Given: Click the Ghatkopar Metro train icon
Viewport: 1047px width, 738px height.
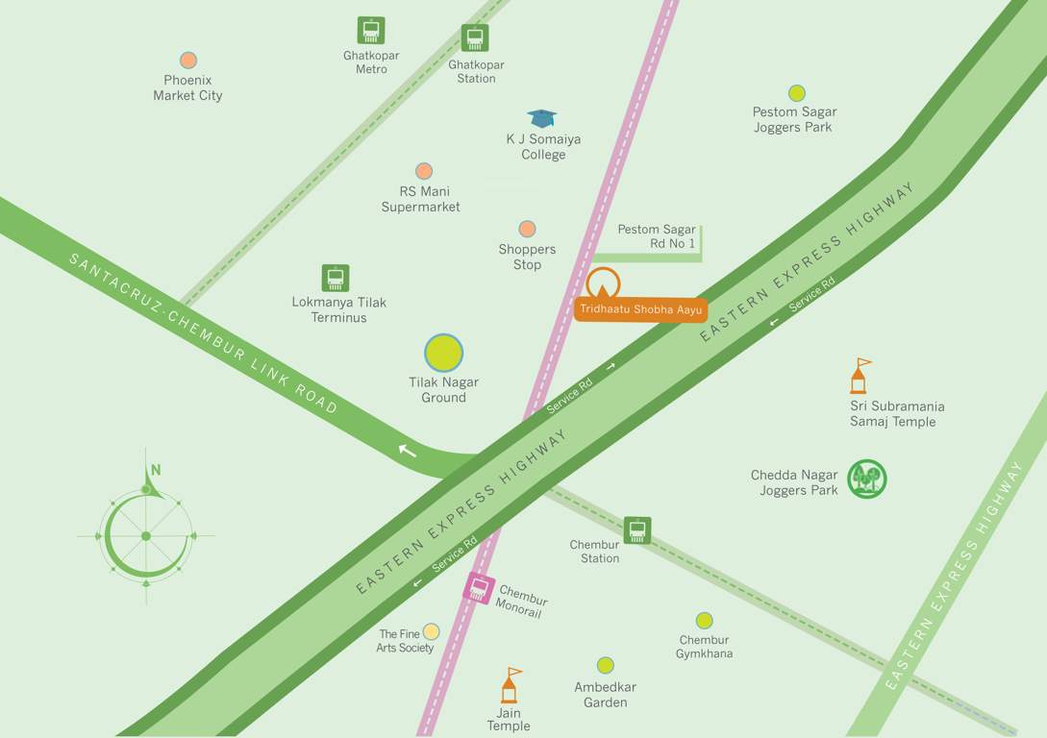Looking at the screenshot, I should [371, 30].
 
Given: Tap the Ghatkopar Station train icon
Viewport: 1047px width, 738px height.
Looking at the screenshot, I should [475, 38].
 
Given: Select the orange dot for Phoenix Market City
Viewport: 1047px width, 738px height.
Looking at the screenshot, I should [188, 61].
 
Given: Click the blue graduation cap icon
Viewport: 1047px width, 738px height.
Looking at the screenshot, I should [542, 118].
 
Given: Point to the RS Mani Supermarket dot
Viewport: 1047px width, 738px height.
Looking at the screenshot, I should [423, 171].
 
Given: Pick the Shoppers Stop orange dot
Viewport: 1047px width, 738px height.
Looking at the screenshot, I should [527, 229].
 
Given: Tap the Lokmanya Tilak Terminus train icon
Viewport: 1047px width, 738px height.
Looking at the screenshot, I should [336, 279].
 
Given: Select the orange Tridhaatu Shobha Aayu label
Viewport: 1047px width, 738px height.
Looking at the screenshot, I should [641, 309].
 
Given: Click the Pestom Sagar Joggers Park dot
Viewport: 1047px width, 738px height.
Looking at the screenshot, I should [796, 93].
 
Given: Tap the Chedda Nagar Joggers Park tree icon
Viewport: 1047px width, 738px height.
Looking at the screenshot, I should [867, 479].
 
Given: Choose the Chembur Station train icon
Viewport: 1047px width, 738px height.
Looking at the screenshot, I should [636, 530].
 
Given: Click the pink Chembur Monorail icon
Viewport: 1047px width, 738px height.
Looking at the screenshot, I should [478, 587].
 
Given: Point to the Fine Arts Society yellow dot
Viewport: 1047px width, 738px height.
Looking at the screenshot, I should [432, 631].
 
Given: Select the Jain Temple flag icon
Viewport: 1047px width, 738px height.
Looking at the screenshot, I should [510, 685].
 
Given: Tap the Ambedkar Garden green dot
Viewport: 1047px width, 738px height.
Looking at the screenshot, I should [605, 665].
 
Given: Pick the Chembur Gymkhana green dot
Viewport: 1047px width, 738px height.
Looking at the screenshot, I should [705, 621].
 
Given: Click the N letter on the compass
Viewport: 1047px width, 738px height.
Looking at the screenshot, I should [155, 470].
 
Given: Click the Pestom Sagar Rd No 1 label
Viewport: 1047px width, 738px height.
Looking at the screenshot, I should [656, 236].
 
